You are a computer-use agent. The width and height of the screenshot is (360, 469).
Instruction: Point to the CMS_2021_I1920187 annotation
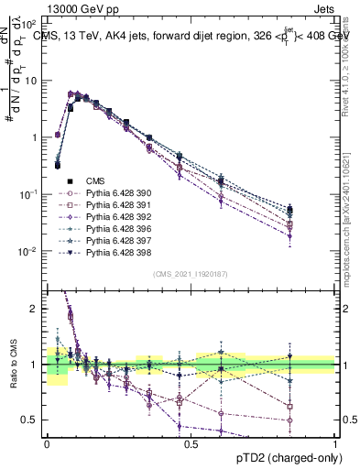pyautogui.click(x=191, y=274)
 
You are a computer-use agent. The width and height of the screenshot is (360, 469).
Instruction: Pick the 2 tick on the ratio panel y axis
pyautogui.click(x=36, y=309)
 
